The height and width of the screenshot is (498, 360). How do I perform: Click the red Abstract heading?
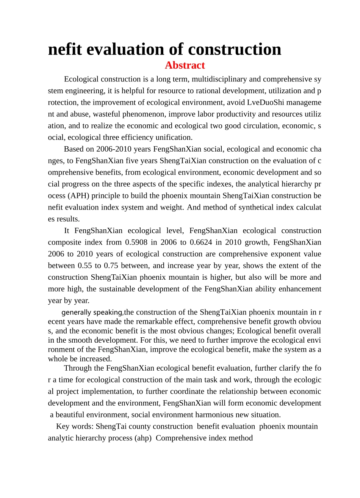click(x=185, y=66)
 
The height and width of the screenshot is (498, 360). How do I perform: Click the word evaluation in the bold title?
click(x=136, y=50)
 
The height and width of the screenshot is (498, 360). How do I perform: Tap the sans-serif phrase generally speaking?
click(x=92, y=313)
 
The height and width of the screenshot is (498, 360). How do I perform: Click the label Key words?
click(x=75, y=426)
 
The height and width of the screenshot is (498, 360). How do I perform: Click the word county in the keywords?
click(x=140, y=426)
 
